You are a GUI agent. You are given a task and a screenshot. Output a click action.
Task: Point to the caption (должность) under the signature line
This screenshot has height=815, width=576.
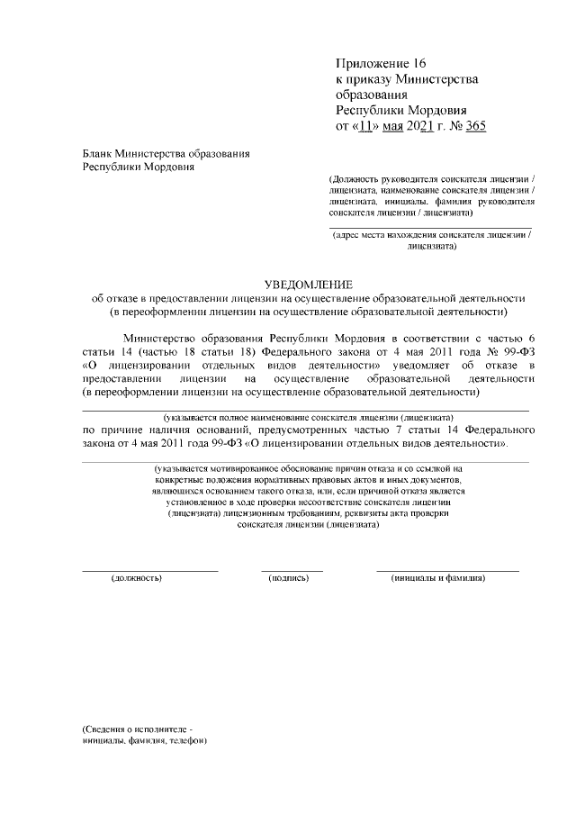coord(136,578)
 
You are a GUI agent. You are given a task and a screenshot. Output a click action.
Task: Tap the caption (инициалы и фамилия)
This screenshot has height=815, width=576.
coord(438,578)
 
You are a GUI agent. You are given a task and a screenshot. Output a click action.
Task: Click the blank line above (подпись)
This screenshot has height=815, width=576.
coord(292,570)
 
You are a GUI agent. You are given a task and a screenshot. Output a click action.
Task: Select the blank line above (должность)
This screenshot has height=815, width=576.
coord(149,570)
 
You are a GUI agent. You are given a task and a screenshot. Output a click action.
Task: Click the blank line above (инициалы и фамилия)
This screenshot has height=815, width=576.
coord(447,570)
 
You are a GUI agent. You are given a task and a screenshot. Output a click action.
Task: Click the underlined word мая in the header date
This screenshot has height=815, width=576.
coord(393,125)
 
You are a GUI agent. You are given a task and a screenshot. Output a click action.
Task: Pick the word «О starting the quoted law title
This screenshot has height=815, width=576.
coord(89,366)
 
